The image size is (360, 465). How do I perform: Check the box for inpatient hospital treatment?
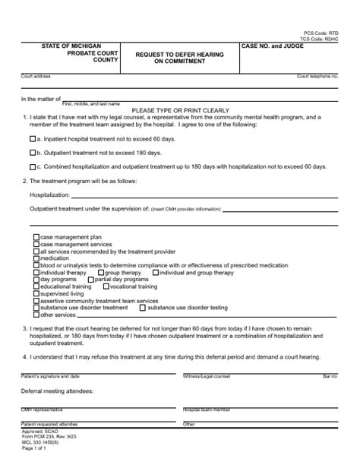[33, 140]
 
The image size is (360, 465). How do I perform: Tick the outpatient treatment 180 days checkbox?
[33, 153]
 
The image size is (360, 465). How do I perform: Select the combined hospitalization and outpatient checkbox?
[33, 166]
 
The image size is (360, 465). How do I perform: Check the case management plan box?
[36, 238]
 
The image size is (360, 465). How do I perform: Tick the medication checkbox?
[36, 258]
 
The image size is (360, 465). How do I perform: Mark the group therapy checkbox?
[101, 272]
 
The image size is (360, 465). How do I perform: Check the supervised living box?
[36, 293]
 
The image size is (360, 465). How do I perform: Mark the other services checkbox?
[36, 315]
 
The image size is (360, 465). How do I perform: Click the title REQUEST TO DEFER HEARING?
[179, 55]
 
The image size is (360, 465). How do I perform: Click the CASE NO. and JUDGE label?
[272, 47]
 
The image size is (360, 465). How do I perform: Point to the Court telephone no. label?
[317, 77]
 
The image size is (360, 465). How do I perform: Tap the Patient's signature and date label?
[50, 376]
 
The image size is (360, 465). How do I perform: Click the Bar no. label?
[330, 376]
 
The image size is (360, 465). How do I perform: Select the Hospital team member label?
[207, 410]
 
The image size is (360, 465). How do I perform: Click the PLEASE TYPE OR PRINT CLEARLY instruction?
[179, 109]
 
